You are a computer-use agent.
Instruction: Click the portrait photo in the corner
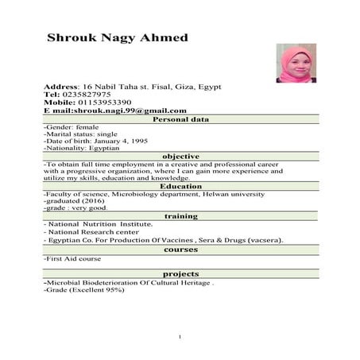pos(296,63)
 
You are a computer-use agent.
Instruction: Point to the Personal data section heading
pos(180,120)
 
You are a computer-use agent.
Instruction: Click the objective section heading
pos(180,157)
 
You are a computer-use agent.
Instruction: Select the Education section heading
pos(180,186)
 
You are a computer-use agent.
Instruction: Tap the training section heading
pos(180,216)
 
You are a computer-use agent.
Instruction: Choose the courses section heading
pos(180,250)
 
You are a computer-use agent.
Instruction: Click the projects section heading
pos(180,273)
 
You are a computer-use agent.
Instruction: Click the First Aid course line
pos(73,258)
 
